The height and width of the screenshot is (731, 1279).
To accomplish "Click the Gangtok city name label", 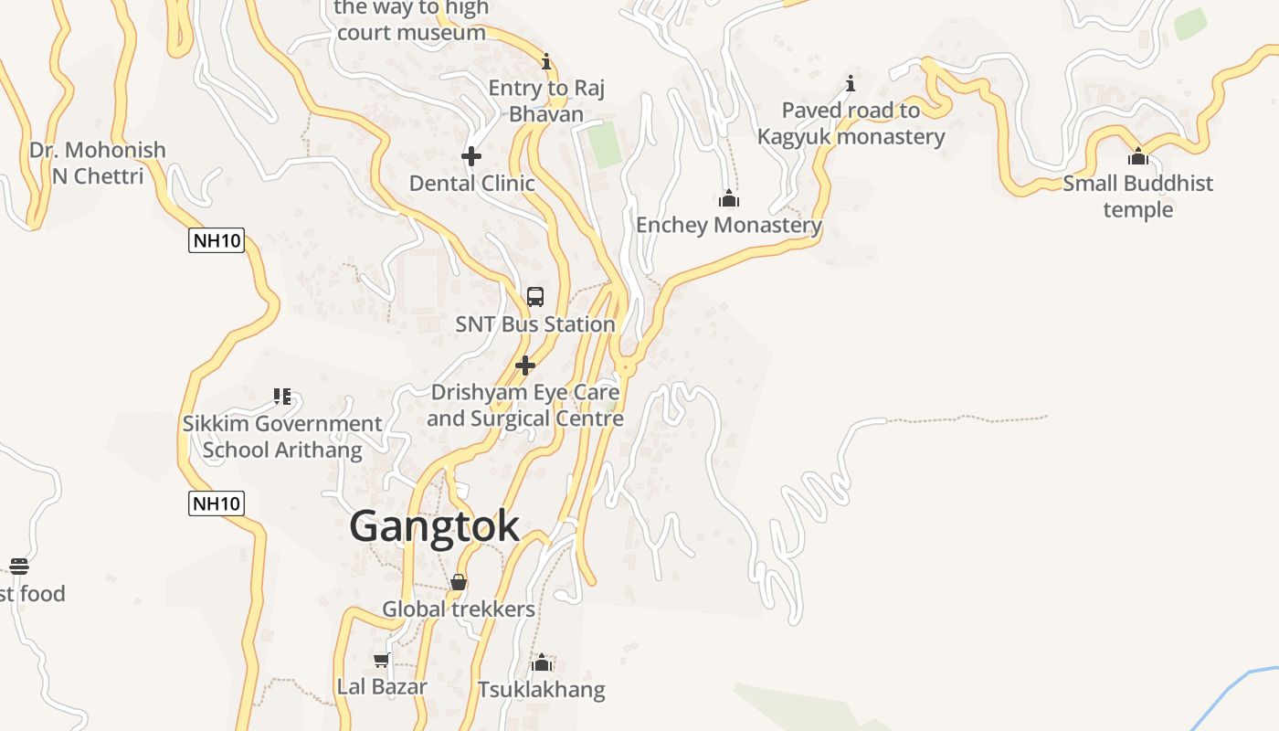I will click(434, 526).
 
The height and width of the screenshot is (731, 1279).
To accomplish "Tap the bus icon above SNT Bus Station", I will click(535, 297).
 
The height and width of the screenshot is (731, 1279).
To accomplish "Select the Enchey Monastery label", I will click(728, 225).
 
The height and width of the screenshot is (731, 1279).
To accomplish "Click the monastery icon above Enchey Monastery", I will click(728, 198).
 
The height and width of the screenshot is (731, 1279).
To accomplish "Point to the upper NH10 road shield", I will click(217, 241).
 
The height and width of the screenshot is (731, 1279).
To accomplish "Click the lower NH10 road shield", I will click(217, 503).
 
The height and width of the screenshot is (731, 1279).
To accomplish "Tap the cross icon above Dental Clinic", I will click(471, 156).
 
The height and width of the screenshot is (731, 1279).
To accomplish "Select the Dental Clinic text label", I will click(471, 183).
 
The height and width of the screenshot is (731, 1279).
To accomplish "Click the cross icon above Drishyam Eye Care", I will click(525, 365).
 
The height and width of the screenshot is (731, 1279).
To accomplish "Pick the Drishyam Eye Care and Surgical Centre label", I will click(525, 405).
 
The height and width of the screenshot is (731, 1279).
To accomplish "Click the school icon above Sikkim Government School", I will click(282, 397).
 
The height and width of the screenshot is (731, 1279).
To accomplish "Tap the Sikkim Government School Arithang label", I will click(282, 437).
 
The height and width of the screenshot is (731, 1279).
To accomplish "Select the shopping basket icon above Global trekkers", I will click(459, 582).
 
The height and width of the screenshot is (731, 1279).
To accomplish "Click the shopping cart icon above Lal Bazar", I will click(382, 660).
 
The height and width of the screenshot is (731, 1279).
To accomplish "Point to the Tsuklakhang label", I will click(541, 689).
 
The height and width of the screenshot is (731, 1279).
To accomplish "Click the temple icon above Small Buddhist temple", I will click(1138, 156).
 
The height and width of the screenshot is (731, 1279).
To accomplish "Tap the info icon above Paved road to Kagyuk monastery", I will click(851, 84).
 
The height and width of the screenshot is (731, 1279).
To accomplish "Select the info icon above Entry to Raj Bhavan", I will click(546, 61).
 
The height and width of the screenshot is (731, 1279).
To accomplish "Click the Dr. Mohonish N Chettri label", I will click(98, 163).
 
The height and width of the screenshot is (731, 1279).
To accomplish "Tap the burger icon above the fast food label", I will click(19, 567).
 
